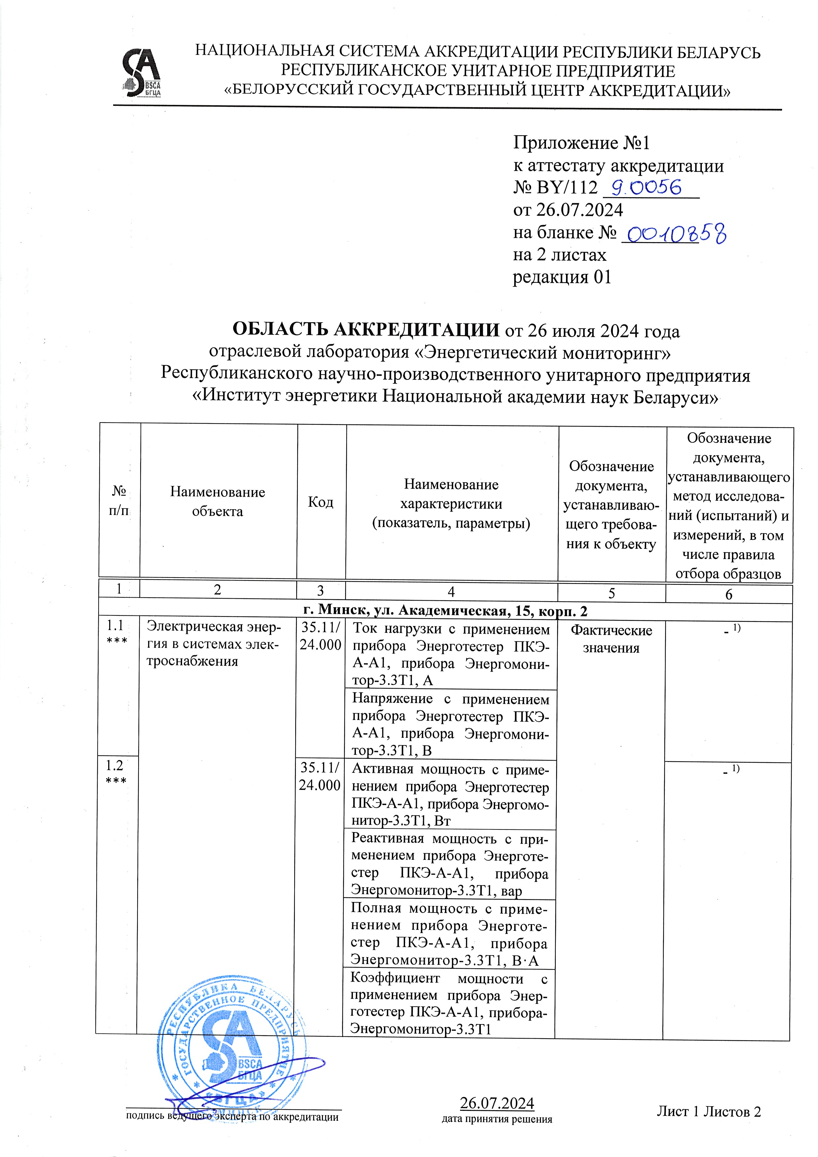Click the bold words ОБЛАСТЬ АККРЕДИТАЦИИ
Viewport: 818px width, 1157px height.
366,330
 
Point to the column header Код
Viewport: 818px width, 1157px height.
321,502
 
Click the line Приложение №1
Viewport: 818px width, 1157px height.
582,143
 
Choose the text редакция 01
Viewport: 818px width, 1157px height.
562,277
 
